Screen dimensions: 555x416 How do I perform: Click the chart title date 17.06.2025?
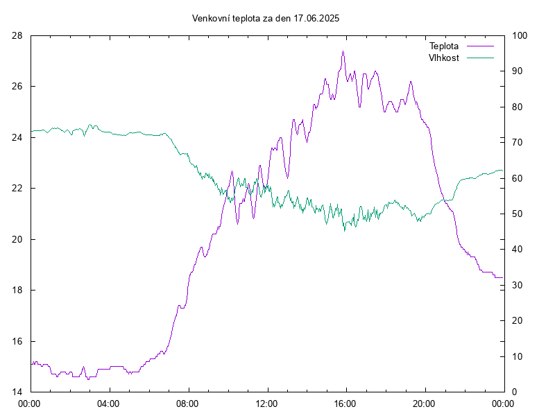click(316, 19)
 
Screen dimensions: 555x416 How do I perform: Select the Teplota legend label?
click(444, 46)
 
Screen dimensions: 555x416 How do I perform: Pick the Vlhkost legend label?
click(444, 58)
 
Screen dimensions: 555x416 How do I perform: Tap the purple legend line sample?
click(480, 46)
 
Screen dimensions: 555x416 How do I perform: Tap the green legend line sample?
click(480, 58)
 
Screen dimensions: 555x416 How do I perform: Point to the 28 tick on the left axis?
click(17, 36)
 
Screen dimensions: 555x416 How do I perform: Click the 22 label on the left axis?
click(17, 188)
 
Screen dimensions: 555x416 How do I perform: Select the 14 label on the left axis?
click(17, 392)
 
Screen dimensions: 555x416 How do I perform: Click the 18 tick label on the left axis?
click(17, 290)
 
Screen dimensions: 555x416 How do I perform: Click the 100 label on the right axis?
click(520, 36)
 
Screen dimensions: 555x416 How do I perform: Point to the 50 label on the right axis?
click(517, 214)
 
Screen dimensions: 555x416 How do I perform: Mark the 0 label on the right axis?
click(515, 392)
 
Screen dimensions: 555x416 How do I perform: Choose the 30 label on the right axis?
click(517, 285)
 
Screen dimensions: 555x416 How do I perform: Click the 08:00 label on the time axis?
click(187, 404)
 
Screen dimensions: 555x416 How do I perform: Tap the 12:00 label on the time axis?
click(266, 404)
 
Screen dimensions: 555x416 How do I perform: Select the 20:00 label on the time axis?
click(424, 404)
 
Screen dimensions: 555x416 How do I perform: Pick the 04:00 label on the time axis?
click(108, 404)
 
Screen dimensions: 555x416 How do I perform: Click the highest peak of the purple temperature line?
click(343, 51)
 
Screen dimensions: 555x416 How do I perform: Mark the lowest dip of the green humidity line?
click(345, 231)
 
